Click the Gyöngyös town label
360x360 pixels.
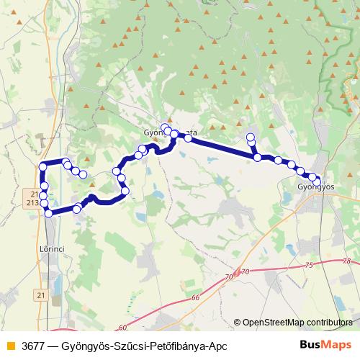click(x=316, y=187)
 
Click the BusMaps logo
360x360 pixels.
click(x=325, y=346)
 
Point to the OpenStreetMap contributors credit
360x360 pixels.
click(x=297, y=323)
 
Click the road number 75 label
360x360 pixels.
click(x=309, y=266)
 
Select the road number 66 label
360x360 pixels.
click(x=194, y=297)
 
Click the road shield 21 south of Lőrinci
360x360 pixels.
click(x=40, y=295)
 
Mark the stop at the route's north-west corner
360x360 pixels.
click(x=42, y=166)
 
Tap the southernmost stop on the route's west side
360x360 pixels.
click(x=48, y=213)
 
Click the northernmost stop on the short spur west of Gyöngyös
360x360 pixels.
click(x=251, y=138)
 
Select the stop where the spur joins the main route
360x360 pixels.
click(x=257, y=157)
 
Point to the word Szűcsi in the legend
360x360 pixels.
click(x=122, y=346)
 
